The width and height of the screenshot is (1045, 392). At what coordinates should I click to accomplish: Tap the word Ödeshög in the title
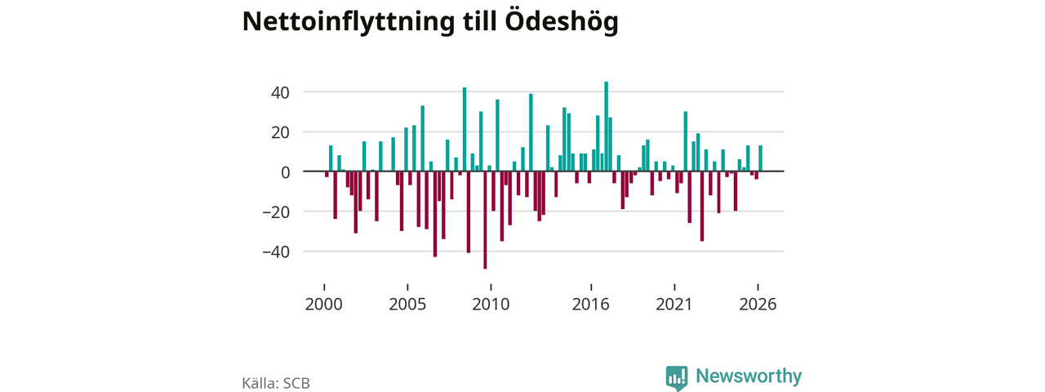click(x=562, y=21)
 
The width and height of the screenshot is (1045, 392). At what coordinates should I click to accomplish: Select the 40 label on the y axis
click(x=280, y=93)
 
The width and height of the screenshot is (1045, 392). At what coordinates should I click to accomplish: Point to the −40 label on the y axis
click(x=276, y=252)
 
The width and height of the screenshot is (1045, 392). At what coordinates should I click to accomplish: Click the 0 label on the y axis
click(x=286, y=172)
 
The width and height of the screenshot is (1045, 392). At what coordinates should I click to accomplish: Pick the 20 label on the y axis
click(x=280, y=133)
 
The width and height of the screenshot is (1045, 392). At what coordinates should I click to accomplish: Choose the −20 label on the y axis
click(x=276, y=212)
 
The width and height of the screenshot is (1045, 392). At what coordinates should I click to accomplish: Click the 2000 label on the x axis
click(x=324, y=305)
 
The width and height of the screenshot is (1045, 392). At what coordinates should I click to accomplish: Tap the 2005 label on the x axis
click(x=407, y=305)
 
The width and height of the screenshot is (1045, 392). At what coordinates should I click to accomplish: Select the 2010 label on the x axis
click(x=491, y=305)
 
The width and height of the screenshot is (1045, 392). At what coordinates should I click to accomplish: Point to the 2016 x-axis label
click(x=590, y=305)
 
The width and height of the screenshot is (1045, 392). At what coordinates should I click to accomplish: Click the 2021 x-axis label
click(x=674, y=305)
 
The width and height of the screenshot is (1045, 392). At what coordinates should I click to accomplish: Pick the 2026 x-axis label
click(x=758, y=305)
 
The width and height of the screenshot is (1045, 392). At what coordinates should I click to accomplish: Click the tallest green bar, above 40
click(x=606, y=127)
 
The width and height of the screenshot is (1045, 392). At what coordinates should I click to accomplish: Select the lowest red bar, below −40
click(x=485, y=220)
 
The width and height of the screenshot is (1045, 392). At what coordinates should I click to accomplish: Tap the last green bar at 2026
click(x=760, y=158)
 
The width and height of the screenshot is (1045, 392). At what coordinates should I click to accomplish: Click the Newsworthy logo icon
click(x=677, y=377)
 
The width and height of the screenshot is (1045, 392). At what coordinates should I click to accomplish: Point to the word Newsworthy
click(x=749, y=376)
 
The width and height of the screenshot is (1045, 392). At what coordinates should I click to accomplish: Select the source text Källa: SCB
click(x=276, y=383)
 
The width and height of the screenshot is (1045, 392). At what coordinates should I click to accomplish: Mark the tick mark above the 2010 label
click(x=491, y=287)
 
